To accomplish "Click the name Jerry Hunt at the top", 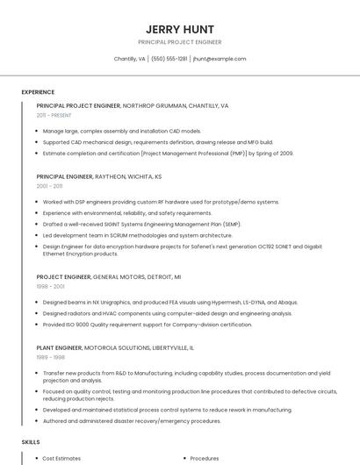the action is [179, 29].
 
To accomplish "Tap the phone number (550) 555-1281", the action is [169, 59].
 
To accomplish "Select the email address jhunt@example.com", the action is [220, 59].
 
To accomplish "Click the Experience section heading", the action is [38, 92].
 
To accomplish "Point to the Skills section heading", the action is [31, 441].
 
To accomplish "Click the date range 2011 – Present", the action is [54, 115].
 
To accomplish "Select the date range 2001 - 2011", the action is [49, 186].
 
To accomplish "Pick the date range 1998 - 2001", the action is [50, 286].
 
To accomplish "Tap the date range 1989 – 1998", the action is [51, 357].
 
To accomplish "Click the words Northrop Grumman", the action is [152, 105].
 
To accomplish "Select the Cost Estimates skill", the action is [61, 458].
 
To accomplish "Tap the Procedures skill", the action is [205, 458].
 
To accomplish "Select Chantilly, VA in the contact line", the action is [130, 59].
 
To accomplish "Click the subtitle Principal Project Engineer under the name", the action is [179, 42].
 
